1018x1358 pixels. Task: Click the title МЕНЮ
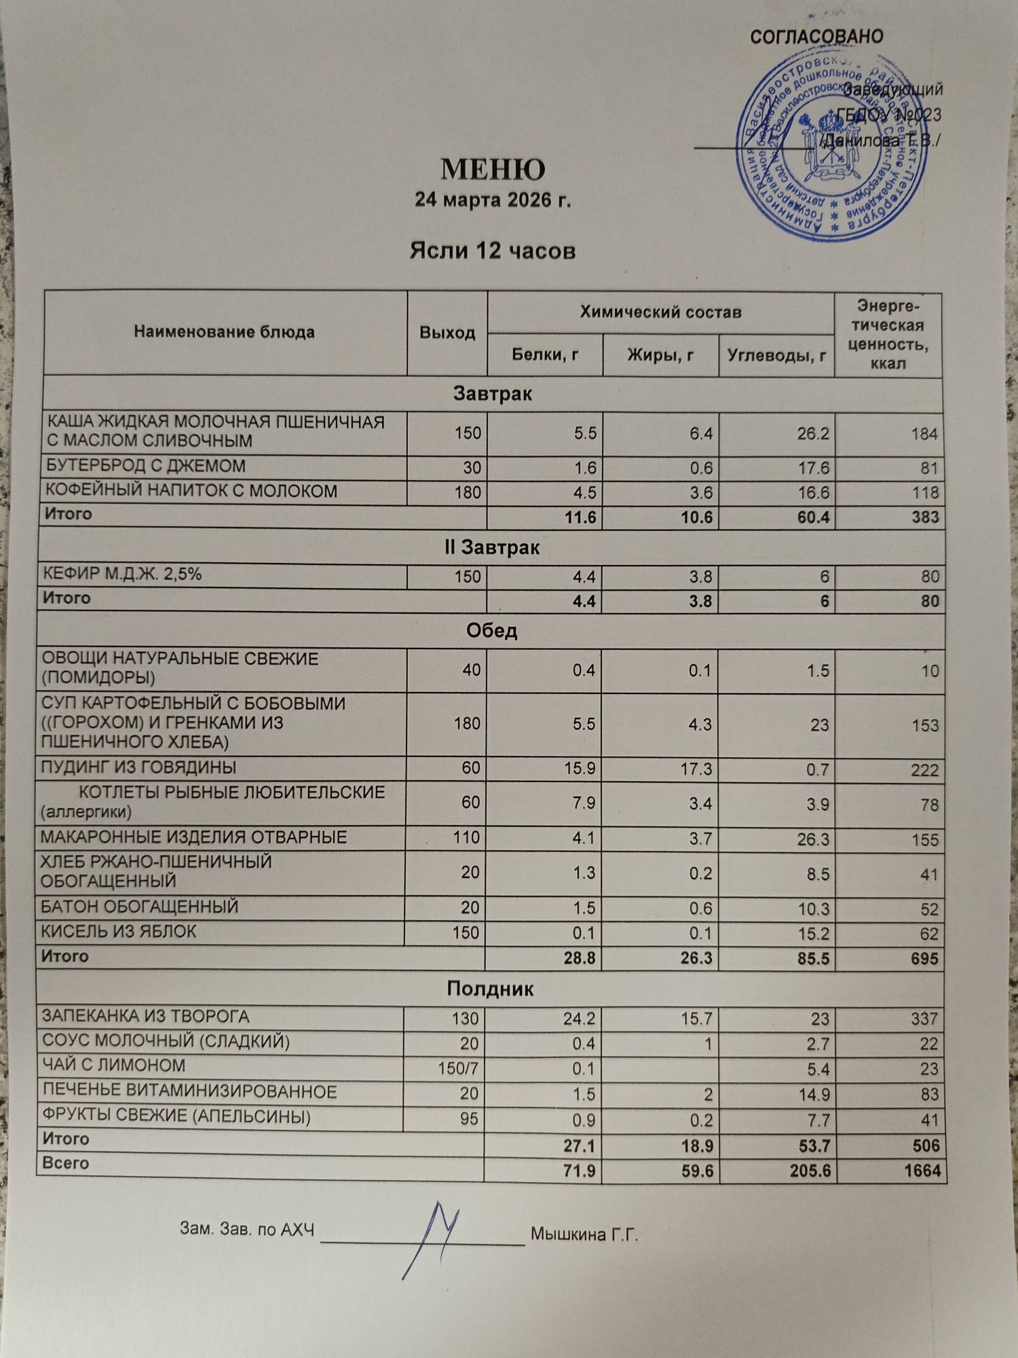pos(493,170)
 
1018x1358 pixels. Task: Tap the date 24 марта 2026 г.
pos(493,201)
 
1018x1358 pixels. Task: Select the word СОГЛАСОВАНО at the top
pos(816,37)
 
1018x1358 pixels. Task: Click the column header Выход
pos(447,333)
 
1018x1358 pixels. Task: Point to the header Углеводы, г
pos(776,354)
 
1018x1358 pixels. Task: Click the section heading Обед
pos(491,631)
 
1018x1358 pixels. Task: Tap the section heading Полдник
pos(490,989)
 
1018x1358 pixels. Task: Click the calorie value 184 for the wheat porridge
pos(924,434)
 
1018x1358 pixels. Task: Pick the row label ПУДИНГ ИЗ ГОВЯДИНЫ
pos(138,768)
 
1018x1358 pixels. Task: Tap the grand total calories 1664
pos(922,1171)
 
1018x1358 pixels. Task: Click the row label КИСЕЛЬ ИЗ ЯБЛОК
pos(119,932)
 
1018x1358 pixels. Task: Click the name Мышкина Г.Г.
pos(584,1234)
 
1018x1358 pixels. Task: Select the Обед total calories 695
pos(924,959)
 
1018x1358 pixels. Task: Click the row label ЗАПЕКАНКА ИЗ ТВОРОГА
pos(146,1016)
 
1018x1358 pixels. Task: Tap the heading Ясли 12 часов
pos(493,251)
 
